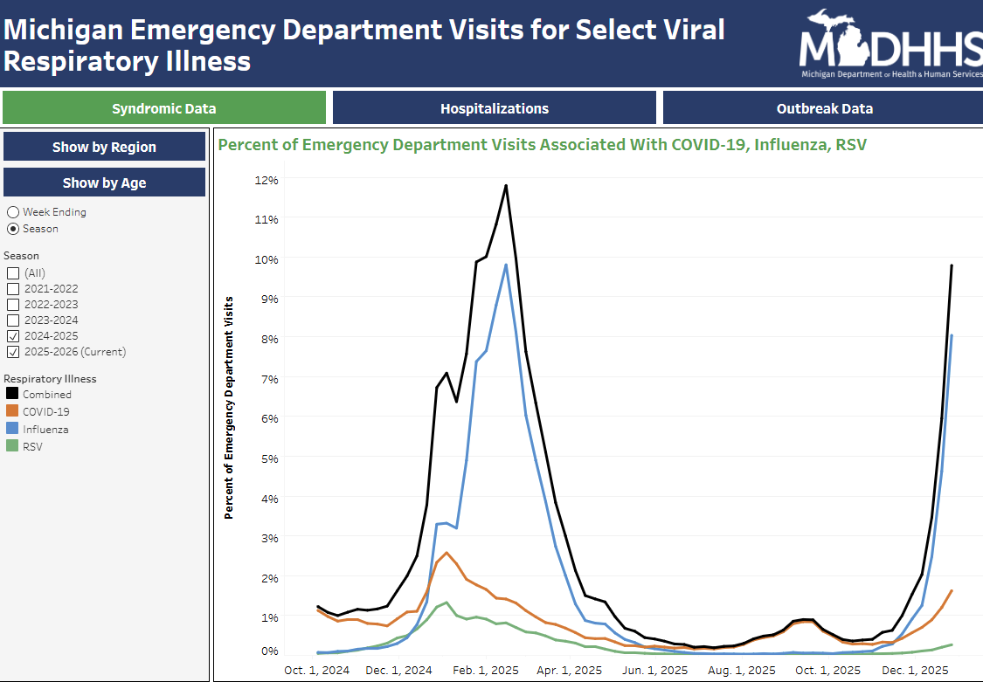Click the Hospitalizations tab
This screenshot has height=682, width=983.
tap(495, 108)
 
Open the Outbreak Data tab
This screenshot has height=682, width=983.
tap(824, 108)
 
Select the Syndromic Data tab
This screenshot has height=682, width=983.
tap(163, 108)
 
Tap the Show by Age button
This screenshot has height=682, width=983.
tap(104, 183)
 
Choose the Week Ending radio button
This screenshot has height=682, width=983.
tap(13, 212)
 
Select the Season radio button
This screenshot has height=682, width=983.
tap(13, 229)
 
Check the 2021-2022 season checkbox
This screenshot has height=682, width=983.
tap(13, 289)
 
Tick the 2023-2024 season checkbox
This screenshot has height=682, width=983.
tap(13, 320)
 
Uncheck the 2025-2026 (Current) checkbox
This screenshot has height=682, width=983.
tap(13, 352)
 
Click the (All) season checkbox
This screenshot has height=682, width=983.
tap(13, 273)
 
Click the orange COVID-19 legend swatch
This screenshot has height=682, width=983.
tap(12, 411)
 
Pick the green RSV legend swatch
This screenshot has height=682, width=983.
tap(12, 446)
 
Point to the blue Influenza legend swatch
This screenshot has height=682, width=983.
tap(12, 429)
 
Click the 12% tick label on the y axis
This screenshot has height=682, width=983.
tap(266, 180)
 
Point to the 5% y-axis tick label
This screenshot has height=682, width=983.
tap(268, 458)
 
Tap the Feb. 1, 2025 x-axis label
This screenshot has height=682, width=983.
tap(487, 671)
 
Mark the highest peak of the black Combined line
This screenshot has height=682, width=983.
tap(506, 185)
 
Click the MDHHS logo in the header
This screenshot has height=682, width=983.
tap(890, 44)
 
